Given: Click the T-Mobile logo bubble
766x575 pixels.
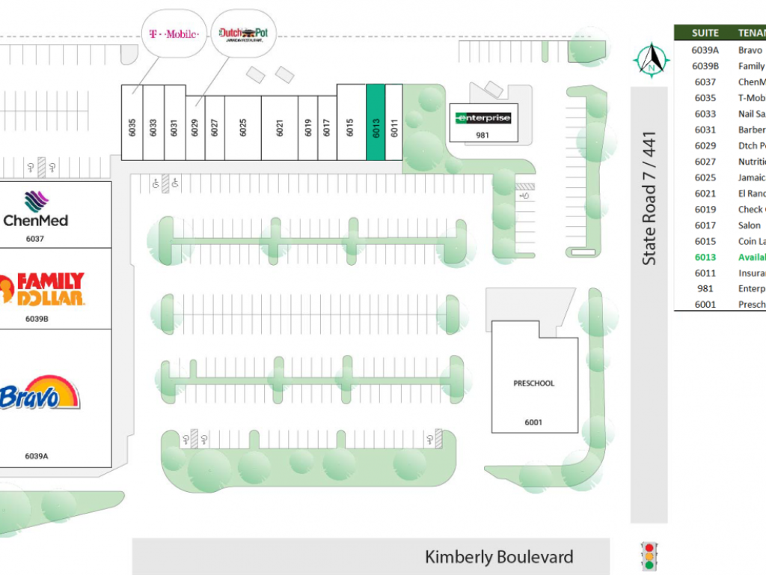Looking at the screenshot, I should [174, 34].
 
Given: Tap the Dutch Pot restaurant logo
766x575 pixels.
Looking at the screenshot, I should [244, 34].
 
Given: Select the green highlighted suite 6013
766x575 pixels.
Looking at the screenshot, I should [376, 122].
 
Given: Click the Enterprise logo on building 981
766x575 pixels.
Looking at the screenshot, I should [483, 118].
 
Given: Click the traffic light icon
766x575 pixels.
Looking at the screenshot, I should [649, 556].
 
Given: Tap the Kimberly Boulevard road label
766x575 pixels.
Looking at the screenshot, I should [499, 557].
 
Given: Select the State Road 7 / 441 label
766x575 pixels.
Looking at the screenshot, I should [649, 198].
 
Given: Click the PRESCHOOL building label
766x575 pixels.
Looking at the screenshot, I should [533, 383].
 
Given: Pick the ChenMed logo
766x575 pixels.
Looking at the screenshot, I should [36, 210].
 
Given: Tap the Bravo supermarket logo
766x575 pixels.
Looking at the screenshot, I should [41, 394].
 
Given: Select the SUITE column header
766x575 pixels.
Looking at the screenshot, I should [705, 33].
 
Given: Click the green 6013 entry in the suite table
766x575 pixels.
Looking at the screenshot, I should [705, 257].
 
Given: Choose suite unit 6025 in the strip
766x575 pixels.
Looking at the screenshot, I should [243, 128].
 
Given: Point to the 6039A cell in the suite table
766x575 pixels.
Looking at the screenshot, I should [705, 50].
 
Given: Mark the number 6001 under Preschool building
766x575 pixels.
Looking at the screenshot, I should [533, 422].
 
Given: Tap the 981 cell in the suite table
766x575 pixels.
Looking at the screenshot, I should [705, 288].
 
